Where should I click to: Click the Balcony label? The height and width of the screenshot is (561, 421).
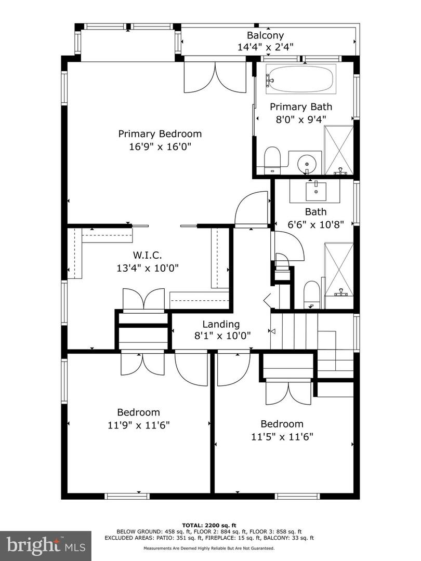click(265, 35)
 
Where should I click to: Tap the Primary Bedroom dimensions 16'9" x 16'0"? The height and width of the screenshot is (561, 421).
click(160, 146)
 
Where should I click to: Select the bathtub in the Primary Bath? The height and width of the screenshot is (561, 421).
click(301, 79)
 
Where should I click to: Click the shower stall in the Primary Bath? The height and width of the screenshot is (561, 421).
click(338, 150)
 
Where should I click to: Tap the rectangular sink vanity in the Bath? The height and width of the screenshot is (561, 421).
click(315, 191)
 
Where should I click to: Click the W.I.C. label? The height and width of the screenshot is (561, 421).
click(147, 255)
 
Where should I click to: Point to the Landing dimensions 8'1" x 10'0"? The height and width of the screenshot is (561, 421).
click(221, 336)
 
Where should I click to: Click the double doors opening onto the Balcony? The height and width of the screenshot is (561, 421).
click(215, 77)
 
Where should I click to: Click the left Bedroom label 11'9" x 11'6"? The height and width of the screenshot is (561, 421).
click(138, 412)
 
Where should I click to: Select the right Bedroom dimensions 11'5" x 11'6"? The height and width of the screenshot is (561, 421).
click(282, 436)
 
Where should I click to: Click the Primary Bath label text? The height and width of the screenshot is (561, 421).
click(300, 107)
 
